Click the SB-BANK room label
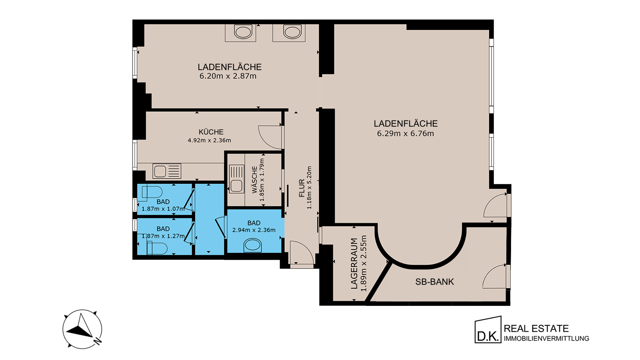click(x=434, y=282)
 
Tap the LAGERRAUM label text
click(x=354, y=263)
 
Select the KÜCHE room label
click(x=211, y=132)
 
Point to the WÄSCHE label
click(x=255, y=180)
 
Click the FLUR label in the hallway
click(x=302, y=188)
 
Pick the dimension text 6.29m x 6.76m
click(x=405, y=133)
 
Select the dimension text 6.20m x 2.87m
click(x=228, y=76)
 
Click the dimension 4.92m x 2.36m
click(x=209, y=140)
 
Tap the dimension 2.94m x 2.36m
click(x=254, y=230)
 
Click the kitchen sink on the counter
click(x=167, y=171)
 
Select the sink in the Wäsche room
click(x=236, y=179)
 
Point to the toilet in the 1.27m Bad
click(x=157, y=249)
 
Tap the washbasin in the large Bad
click(x=253, y=245)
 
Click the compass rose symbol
click(x=82, y=329)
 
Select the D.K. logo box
click(x=488, y=330)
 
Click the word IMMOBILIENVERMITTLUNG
click(x=546, y=339)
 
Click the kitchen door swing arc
click(x=270, y=137)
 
